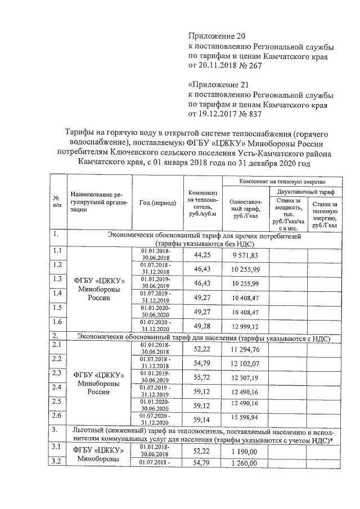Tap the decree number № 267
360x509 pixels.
point(245,67)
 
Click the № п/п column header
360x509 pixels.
point(57,202)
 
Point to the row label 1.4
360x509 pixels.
point(57,293)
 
